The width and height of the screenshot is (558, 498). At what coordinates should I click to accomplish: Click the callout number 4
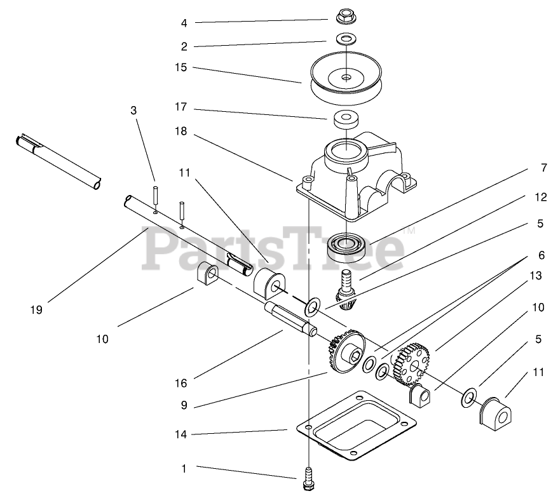[x=184, y=24]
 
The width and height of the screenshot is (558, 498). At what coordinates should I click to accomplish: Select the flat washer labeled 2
[x=346, y=39]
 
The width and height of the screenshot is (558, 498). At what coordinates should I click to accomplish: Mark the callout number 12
[x=541, y=198]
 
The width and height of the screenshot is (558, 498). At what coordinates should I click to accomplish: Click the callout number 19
[x=36, y=310]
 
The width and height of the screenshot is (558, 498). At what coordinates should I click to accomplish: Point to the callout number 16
[x=182, y=384]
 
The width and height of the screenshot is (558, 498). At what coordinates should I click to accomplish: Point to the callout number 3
[x=133, y=111]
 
